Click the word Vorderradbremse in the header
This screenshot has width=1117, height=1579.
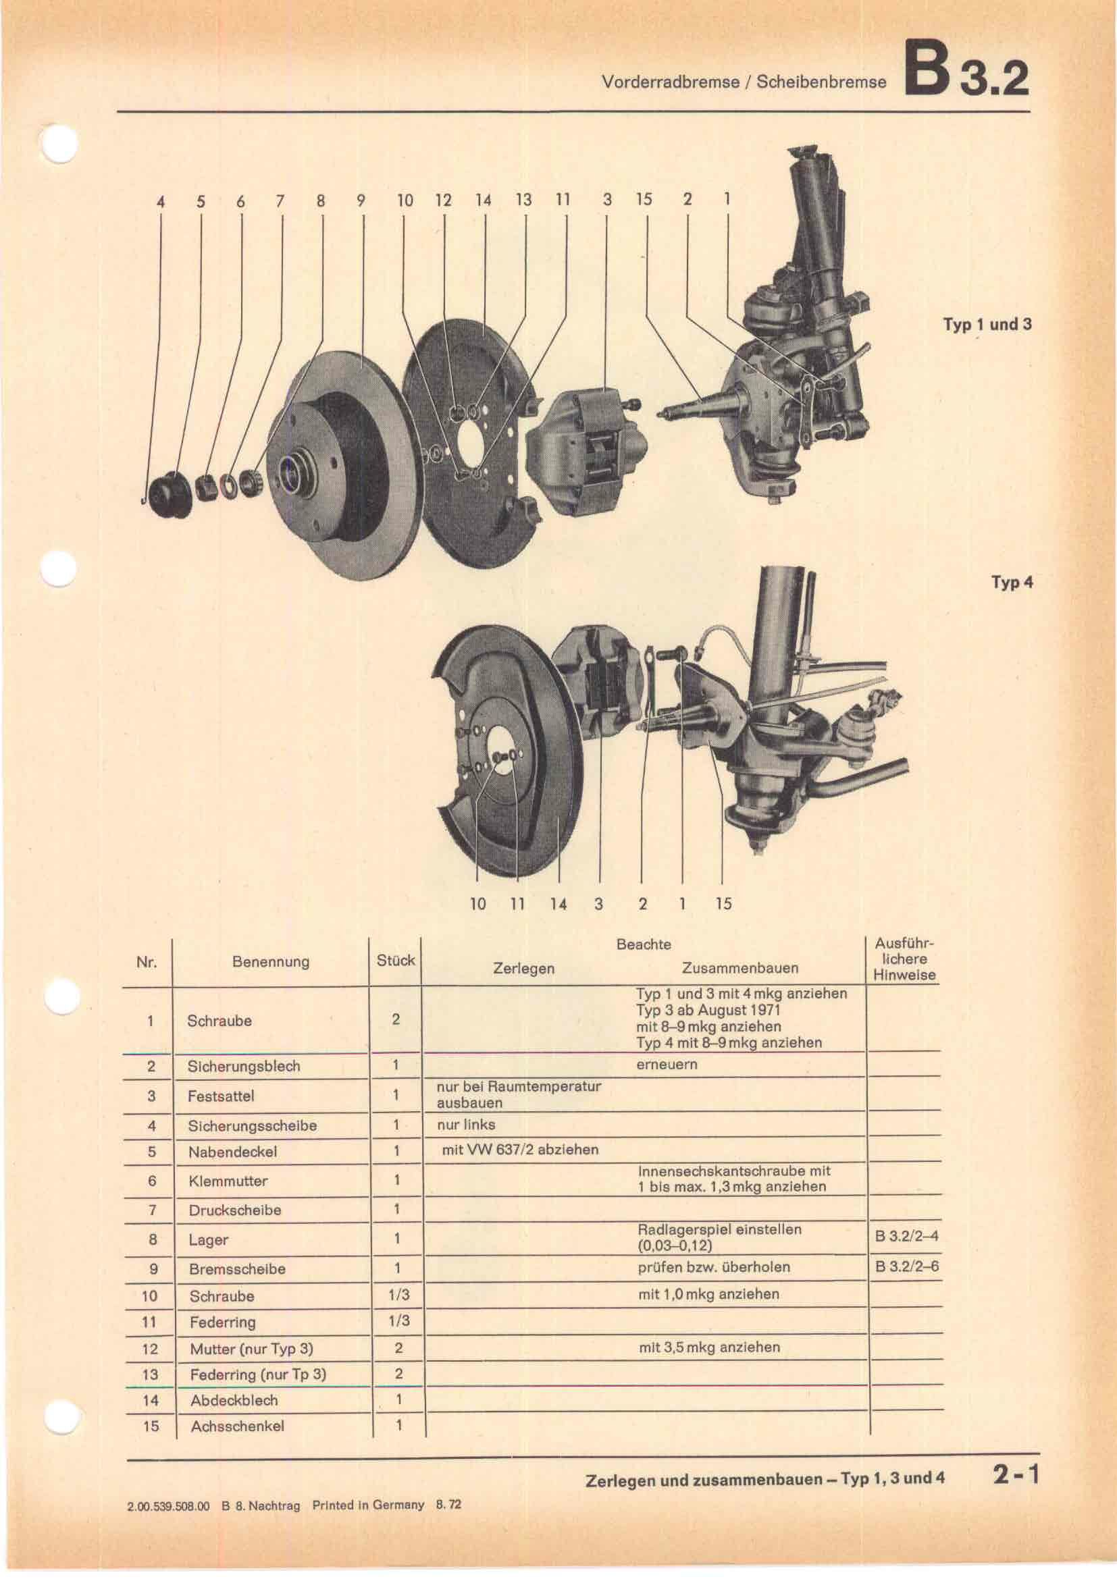[670, 82]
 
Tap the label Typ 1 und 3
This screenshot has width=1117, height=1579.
[987, 325]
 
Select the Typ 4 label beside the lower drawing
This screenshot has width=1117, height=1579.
[1012, 583]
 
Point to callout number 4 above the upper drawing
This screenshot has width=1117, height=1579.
[161, 203]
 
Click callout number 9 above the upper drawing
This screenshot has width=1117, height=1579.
[362, 200]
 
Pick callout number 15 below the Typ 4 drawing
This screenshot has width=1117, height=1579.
[723, 904]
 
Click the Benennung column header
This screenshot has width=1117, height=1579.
[270, 962]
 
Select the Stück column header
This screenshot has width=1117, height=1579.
[396, 961]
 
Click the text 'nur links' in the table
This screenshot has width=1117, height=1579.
[466, 1125]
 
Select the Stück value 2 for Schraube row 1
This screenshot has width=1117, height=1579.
[396, 1019]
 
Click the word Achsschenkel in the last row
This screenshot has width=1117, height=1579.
[237, 1426]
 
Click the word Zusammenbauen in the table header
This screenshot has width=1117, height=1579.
[740, 968]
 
